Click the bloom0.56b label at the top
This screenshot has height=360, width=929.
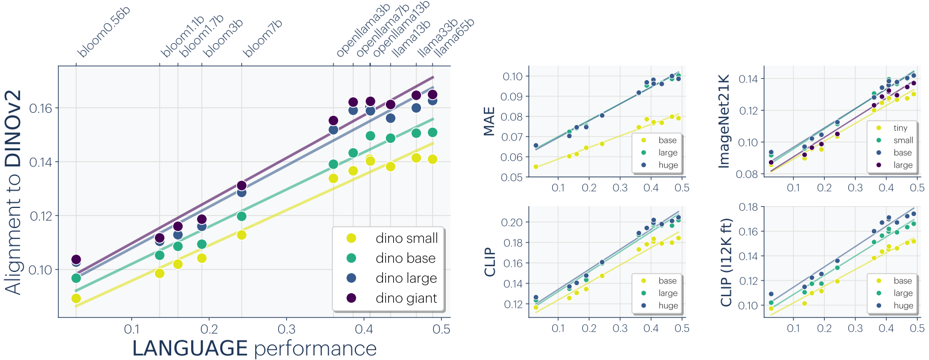tap(104, 33)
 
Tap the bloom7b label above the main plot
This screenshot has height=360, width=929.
tap(263, 39)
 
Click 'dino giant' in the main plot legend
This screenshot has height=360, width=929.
tap(406, 298)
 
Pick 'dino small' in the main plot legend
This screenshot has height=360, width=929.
tap(407, 238)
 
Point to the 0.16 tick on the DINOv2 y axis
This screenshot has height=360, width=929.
tap(40, 108)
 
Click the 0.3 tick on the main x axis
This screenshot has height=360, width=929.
tap(286, 329)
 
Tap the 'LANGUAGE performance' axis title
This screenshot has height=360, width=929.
tap(255, 348)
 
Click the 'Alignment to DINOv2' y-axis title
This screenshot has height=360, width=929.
tap(14, 192)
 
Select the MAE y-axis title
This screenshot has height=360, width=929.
tap(490, 122)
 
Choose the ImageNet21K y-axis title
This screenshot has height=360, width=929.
tap(724, 122)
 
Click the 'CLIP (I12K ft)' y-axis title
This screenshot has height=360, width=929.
tap(726, 262)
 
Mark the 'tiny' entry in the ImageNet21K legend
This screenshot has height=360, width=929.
tap(900, 128)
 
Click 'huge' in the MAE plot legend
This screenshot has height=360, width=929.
tap(668, 165)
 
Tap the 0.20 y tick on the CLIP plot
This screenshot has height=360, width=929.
tap(512, 222)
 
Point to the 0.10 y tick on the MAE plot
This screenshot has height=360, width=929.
tap(512, 77)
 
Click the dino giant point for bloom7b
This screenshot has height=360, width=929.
tap(242, 185)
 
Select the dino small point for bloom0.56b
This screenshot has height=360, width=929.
tap(76, 298)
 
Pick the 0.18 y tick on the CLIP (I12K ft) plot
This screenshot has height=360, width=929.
tap(748, 207)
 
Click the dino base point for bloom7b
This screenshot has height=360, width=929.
tap(242, 216)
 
